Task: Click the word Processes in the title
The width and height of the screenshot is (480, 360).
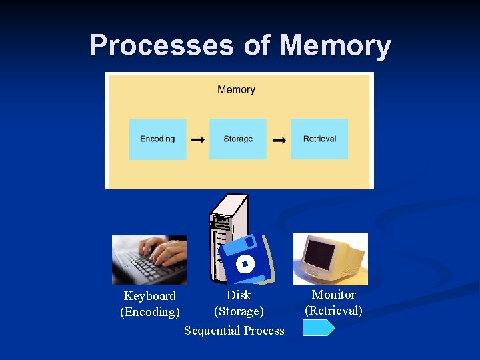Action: pyautogui.click(x=160, y=45)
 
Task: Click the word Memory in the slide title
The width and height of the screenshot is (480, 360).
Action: pyautogui.click(x=335, y=45)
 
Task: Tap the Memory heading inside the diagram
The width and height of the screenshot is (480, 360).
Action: pyautogui.click(x=236, y=89)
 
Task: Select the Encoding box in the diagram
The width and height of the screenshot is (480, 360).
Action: pyautogui.click(x=157, y=139)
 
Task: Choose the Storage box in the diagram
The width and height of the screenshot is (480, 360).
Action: pyautogui.click(x=238, y=139)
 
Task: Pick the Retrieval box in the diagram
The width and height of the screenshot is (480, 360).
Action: pyautogui.click(x=319, y=139)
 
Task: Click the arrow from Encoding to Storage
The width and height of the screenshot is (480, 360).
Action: pyautogui.click(x=198, y=140)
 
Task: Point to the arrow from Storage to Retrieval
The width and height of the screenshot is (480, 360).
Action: pyautogui.click(x=279, y=140)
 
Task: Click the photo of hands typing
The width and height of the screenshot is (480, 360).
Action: pyautogui.click(x=149, y=259)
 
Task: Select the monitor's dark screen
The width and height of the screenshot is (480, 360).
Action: pyautogui.click(x=320, y=254)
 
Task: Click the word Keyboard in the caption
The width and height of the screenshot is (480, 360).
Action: pyautogui.click(x=150, y=296)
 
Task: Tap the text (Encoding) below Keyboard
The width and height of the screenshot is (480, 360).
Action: pyautogui.click(x=150, y=312)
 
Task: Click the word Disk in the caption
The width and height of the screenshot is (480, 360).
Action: pyautogui.click(x=239, y=295)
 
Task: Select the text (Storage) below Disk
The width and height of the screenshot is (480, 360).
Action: pyautogui.click(x=239, y=311)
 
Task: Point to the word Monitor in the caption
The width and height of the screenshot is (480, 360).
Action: pyautogui.click(x=334, y=295)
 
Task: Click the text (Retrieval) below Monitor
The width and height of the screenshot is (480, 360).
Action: pyautogui.click(x=333, y=311)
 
